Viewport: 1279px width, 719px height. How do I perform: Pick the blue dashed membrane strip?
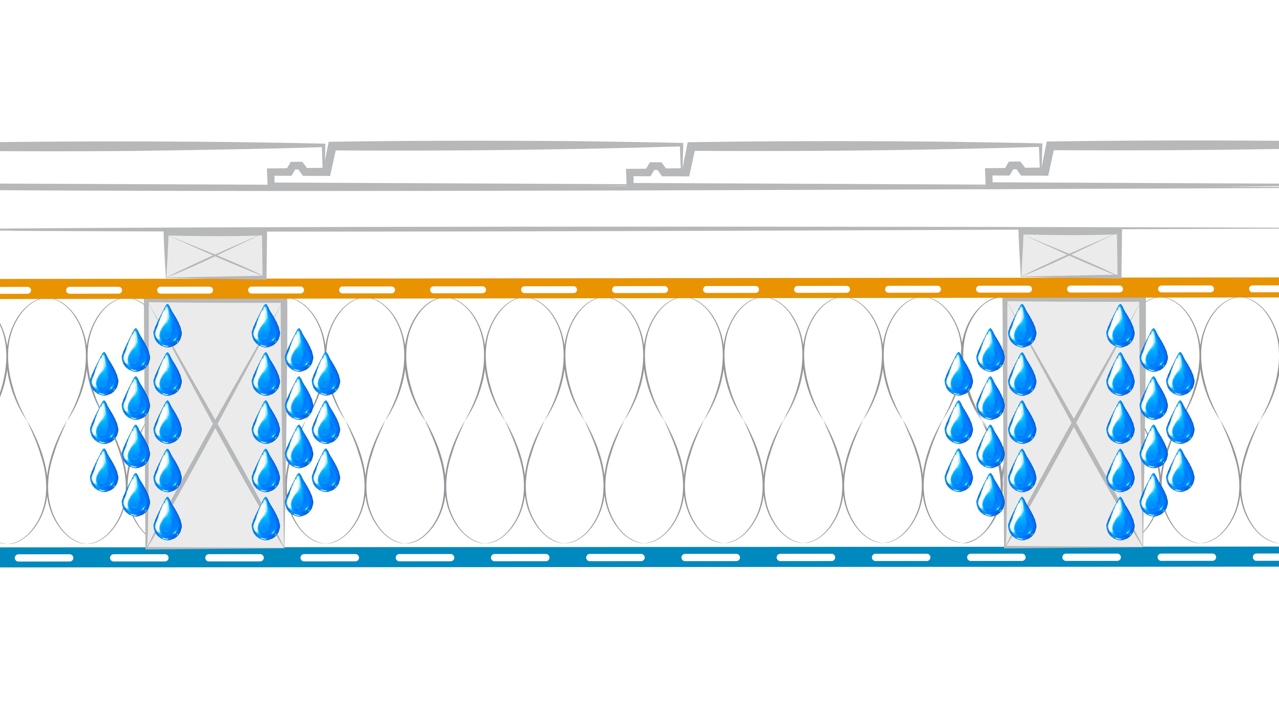coord(640,557)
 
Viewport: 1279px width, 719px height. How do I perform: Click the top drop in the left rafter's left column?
coord(167,327)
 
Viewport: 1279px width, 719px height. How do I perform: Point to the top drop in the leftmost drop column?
coord(104,375)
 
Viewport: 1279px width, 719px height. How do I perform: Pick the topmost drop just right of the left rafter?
coord(299,351)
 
